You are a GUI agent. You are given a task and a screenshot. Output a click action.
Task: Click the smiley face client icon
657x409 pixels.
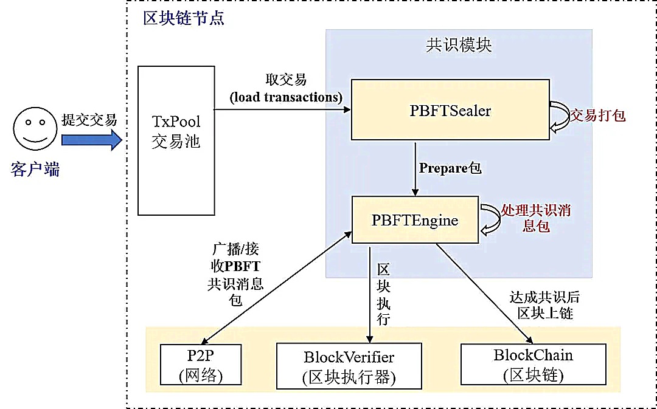click(x=35, y=128)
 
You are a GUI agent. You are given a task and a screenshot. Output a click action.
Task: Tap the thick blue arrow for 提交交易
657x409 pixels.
click(x=92, y=140)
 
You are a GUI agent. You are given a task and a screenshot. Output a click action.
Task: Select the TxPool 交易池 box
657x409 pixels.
click(x=176, y=140)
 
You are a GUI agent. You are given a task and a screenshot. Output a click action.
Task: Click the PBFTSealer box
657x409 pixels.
click(x=450, y=109)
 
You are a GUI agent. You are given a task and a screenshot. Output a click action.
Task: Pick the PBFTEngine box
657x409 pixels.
click(x=415, y=220)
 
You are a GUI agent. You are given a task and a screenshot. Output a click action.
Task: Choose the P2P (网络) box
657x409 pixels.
click(x=201, y=365)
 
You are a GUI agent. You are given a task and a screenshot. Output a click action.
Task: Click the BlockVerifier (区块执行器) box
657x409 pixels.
click(x=349, y=366)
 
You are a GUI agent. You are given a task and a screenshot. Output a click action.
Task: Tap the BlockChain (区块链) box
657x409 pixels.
click(x=533, y=364)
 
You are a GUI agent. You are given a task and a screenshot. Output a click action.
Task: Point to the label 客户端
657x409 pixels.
click(x=35, y=170)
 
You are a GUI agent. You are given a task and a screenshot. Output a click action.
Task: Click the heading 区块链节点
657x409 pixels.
click(x=184, y=18)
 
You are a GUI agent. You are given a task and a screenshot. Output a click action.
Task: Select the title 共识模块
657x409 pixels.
click(x=459, y=45)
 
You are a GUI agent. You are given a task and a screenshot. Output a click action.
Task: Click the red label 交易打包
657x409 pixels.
click(x=597, y=115)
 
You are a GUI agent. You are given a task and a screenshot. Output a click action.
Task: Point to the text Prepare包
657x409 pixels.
click(x=450, y=168)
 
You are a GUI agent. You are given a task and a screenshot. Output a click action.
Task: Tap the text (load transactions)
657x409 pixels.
click(x=286, y=97)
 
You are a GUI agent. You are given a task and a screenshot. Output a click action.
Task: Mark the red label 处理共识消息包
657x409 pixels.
click(x=536, y=218)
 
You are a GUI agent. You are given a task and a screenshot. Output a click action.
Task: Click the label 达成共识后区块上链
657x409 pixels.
click(x=544, y=304)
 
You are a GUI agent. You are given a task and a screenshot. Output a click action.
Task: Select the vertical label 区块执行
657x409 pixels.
click(x=383, y=294)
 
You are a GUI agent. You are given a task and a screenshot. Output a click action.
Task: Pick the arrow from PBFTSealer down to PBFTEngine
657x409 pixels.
click(x=415, y=169)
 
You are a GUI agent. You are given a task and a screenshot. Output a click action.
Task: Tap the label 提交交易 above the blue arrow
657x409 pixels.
click(x=89, y=120)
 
